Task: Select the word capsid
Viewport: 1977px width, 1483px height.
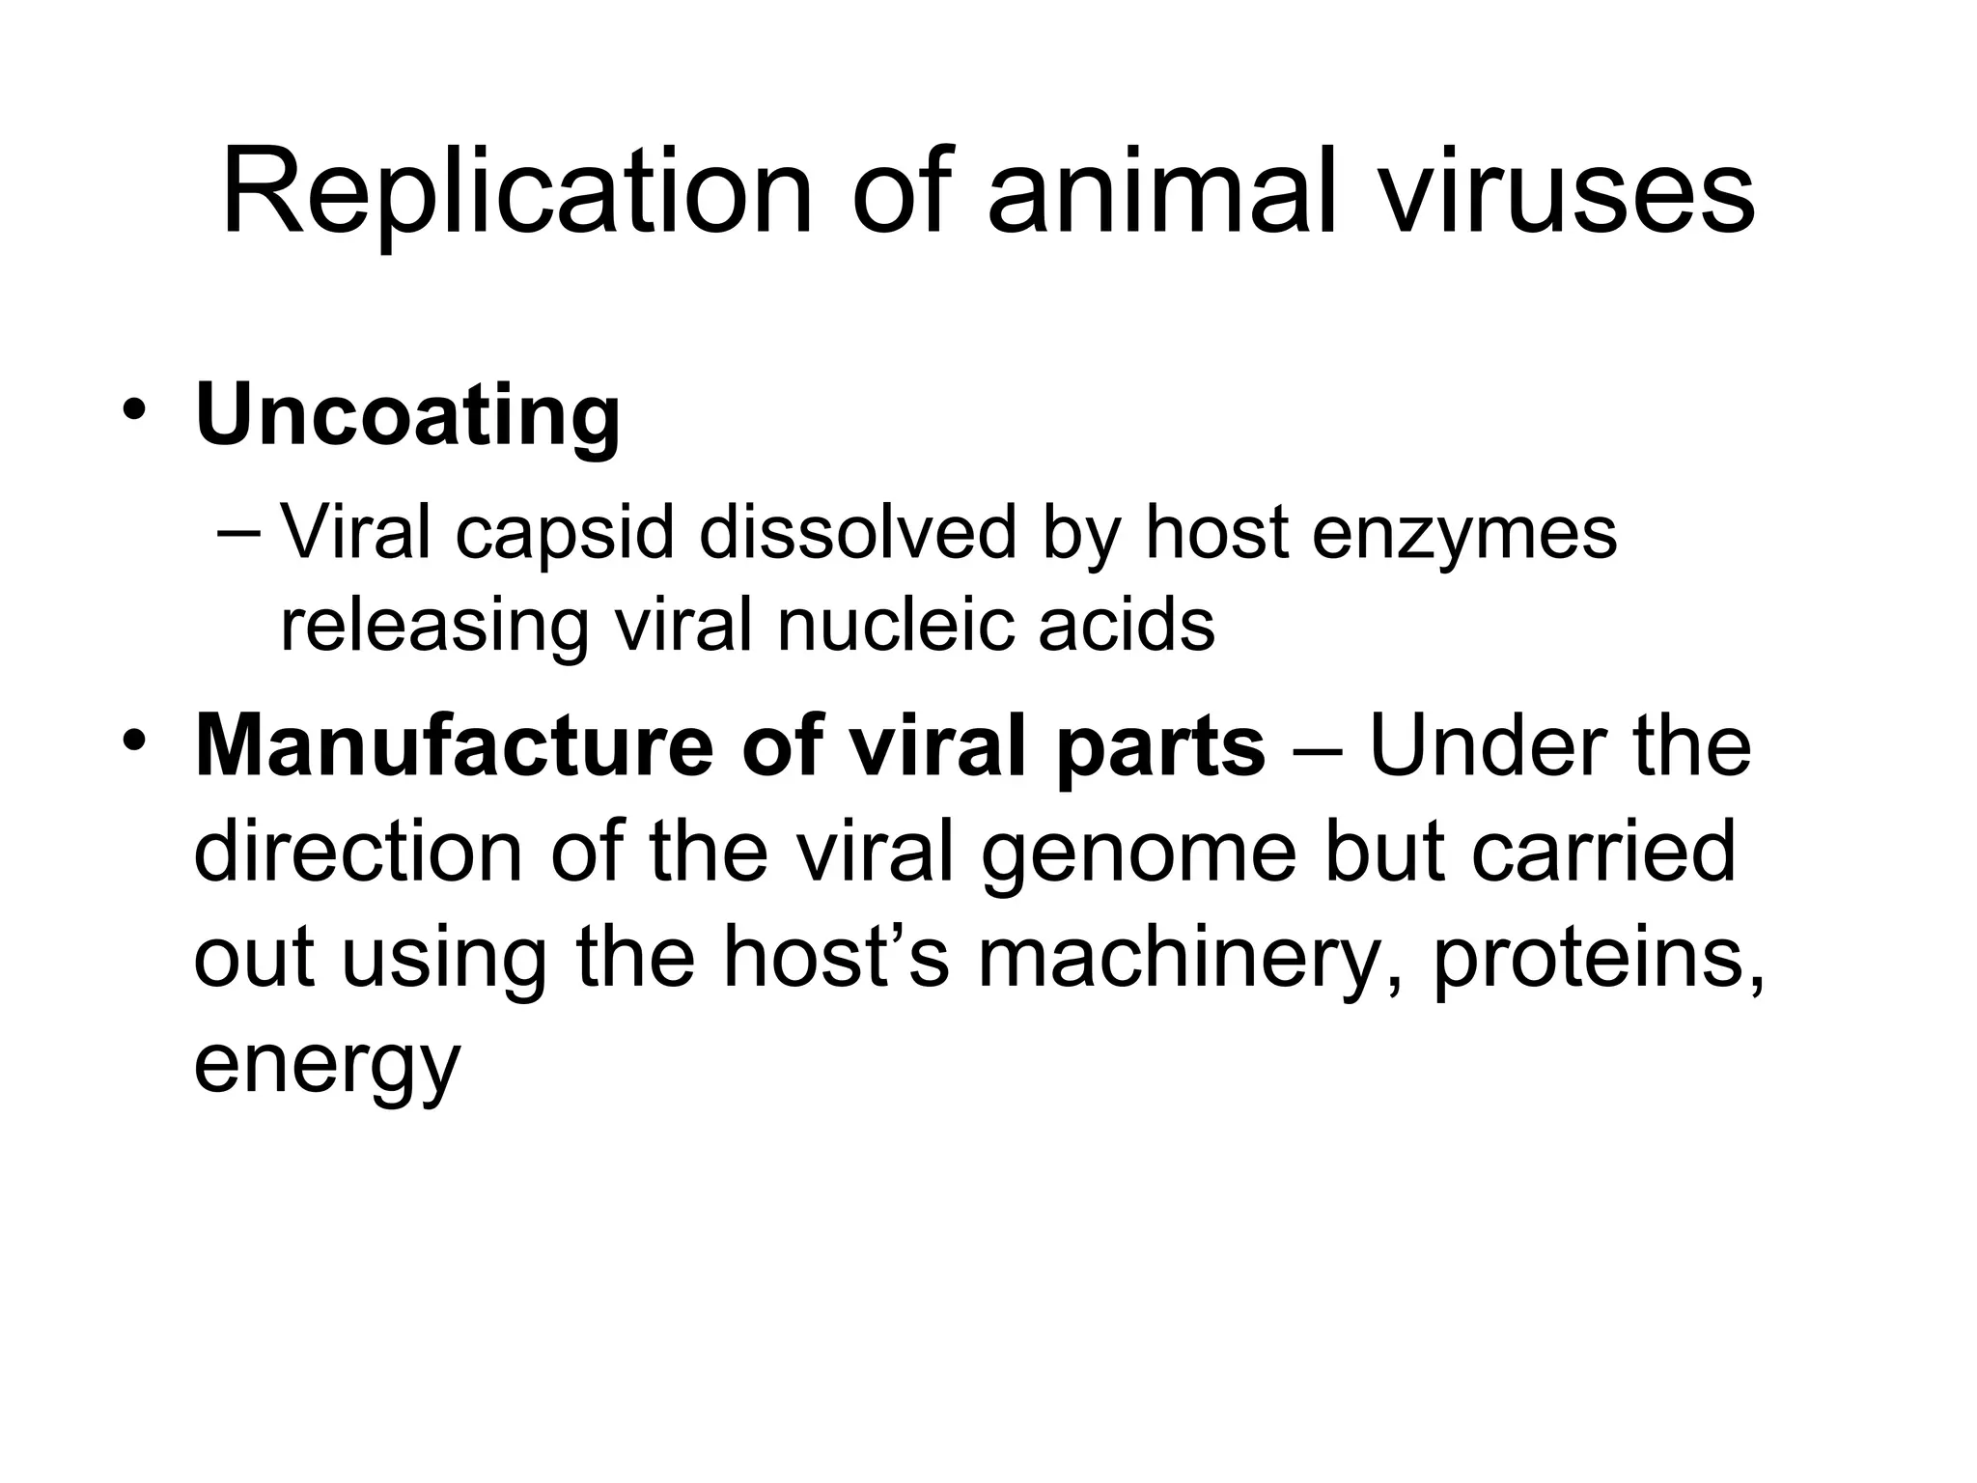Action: (565, 534)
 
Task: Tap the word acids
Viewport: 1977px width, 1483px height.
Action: (1127, 625)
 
